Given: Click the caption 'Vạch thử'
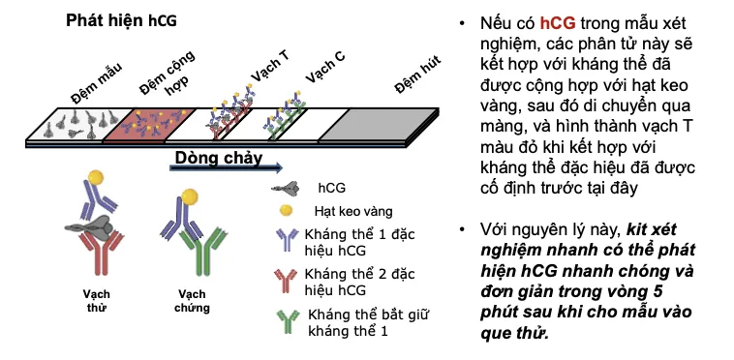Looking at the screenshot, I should tap(96, 297).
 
